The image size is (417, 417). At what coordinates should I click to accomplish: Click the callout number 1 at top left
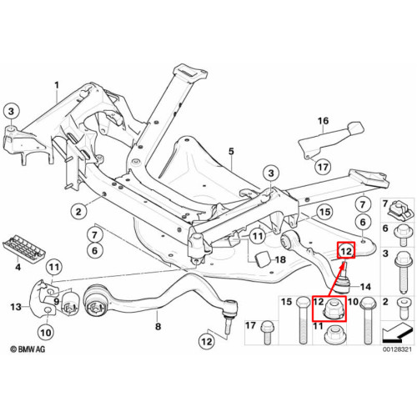(57, 85)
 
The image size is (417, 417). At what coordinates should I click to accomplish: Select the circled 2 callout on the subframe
(78, 212)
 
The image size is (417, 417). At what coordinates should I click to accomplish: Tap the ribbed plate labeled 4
(24, 249)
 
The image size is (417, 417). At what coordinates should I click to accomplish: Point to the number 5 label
(231, 152)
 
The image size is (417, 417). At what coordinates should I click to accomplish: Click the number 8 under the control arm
(158, 326)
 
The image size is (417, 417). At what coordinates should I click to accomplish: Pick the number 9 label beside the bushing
(57, 301)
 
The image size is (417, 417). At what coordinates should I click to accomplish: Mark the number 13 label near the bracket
(16, 307)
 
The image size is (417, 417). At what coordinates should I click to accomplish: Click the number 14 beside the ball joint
(365, 287)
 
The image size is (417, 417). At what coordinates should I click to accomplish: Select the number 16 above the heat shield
(324, 121)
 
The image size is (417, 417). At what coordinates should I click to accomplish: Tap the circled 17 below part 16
(323, 167)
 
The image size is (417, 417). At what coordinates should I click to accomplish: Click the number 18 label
(280, 259)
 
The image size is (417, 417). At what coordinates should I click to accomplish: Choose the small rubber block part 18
(263, 259)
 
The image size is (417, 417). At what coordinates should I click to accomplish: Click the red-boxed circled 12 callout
(346, 251)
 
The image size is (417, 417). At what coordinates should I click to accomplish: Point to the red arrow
(336, 278)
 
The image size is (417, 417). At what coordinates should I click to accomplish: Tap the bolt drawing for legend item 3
(403, 273)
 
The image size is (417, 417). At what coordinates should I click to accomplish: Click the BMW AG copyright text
(28, 349)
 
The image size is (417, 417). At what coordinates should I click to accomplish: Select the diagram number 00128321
(397, 349)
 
